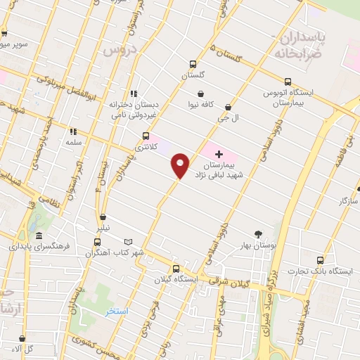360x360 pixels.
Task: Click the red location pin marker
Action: pyautogui.click(x=181, y=165)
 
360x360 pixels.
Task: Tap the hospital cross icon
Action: pyautogui.click(x=218, y=154)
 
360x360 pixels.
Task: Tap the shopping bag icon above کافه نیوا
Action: pyautogui.click(x=201, y=94)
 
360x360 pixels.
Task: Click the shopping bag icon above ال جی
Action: pyautogui.click(x=228, y=108)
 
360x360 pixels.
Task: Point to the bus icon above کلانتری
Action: pyautogui.click(x=146, y=136)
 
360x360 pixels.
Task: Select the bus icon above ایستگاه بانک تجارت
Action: pyautogui.click(x=321, y=259)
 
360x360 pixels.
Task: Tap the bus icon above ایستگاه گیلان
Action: pyautogui.click(x=176, y=268)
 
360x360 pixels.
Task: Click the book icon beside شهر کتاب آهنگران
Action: pyautogui.click(x=127, y=241)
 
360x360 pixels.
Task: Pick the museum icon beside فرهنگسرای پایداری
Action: pyautogui.click(x=39, y=236)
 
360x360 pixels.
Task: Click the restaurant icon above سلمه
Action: pyautogui.click(x=72, y=131)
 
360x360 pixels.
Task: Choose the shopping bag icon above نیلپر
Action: pyautogui.click(x=103, y=217)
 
